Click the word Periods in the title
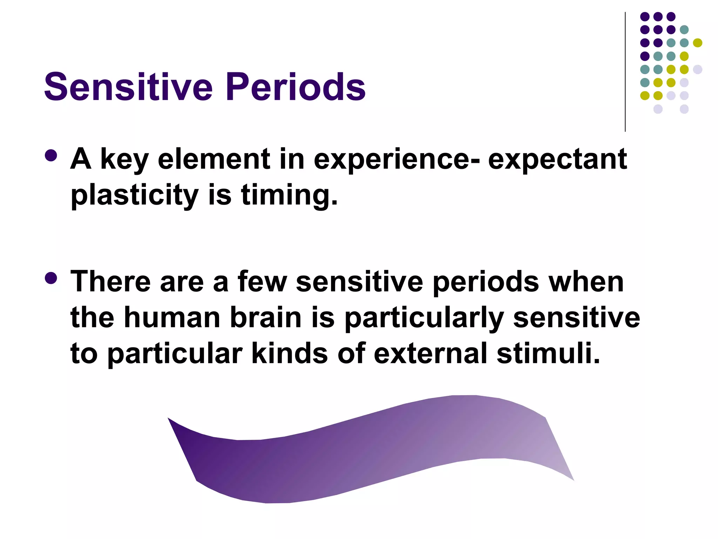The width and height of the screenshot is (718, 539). pyautogui.click(x=295, y=87)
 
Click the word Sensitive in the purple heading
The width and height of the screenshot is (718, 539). pyautogui.click(x=128, y=87)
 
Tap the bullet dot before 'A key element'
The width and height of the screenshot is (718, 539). pyautogui.click(x=51, y=156)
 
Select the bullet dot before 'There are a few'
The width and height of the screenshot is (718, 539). pyautogui.click(x=51, y=279)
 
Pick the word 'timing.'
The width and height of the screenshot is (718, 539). pyautogui.click(x=289, y=195)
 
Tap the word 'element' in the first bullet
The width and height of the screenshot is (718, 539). pyautogui.click(x=214, y=159)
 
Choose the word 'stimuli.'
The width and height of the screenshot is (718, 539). pyautogui.click(x=548, y=353)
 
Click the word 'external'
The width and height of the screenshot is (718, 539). pyautogui.click(x=430, y=353)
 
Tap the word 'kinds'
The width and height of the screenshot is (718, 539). pyautogui.click(x=290, y=353)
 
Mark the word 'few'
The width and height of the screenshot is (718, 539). pyautogui.click(x=262, y=282)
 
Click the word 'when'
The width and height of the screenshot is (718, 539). pyautogui.click(x=586, y=282)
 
